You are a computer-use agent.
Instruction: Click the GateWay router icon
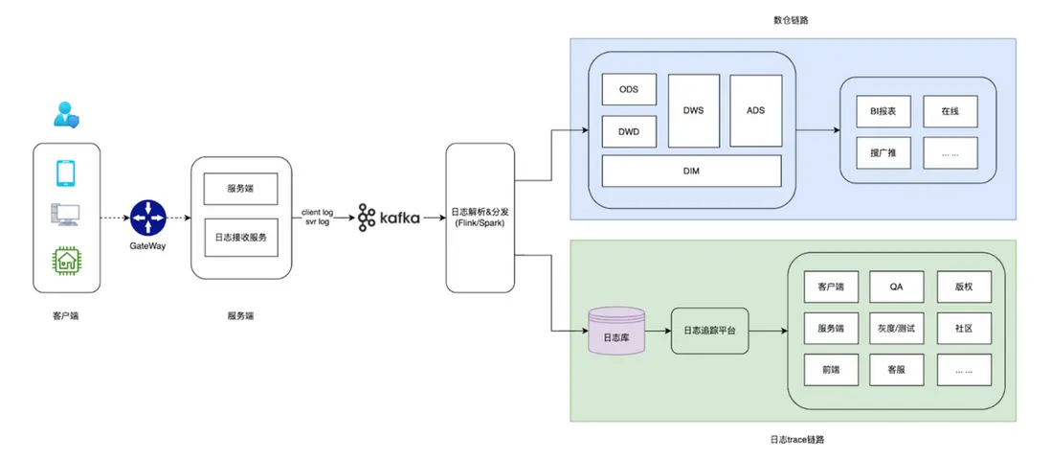click(148, 218)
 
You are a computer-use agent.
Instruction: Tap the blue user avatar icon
click(65, 115)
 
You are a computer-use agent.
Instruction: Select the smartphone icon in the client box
click(66, 172)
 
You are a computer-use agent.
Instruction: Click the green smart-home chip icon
click(66, 261)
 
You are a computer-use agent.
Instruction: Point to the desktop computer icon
click(66, 217)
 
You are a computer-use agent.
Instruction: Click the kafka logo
click(389, 218)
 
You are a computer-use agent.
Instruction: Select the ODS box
click(628, 89)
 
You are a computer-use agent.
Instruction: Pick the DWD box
click(628, 131)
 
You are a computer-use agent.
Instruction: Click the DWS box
click(693, 110)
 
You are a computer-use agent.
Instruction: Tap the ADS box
click(755, 110)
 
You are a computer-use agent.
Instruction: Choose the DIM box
click(691, 171)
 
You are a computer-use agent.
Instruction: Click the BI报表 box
click(883, 110)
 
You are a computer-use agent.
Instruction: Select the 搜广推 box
click(883, 152)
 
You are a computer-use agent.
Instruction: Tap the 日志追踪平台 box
click(709, 331)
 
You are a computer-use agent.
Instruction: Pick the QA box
click(897, 287)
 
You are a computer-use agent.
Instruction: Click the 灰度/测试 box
click(897, 328)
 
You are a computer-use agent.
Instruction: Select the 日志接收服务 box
click(240, 238)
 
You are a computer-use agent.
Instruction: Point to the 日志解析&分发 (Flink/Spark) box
click(481, 218)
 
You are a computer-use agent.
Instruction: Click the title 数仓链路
click(793, 19)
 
